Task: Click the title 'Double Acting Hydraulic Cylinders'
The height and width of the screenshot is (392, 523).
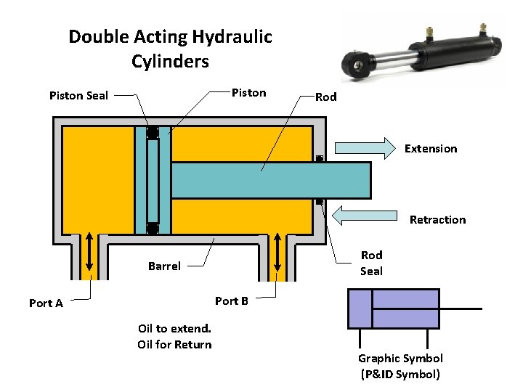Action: [170, 49]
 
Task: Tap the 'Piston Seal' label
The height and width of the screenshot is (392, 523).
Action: [78, 95]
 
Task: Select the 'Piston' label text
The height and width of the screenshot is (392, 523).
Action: [248, 93]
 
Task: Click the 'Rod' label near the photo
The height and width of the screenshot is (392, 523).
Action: [325, 97]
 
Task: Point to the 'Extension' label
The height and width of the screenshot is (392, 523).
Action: [431, 149]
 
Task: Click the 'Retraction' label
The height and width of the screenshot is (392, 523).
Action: [437, 220]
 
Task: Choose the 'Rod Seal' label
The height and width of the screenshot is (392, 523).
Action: [371, 263]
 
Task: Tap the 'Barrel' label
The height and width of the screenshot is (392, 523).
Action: [164, 266]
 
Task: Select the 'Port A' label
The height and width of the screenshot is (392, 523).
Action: [46, 303]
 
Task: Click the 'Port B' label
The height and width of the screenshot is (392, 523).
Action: [232, 301]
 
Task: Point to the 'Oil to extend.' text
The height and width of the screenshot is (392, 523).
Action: [174, 328]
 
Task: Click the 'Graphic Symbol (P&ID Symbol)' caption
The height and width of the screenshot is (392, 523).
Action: [400, 366]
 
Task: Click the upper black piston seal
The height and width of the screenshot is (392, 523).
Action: [153, 133]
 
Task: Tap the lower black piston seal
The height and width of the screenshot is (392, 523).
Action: [153, 229]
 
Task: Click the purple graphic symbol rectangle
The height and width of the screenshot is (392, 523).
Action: [394, 309]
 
